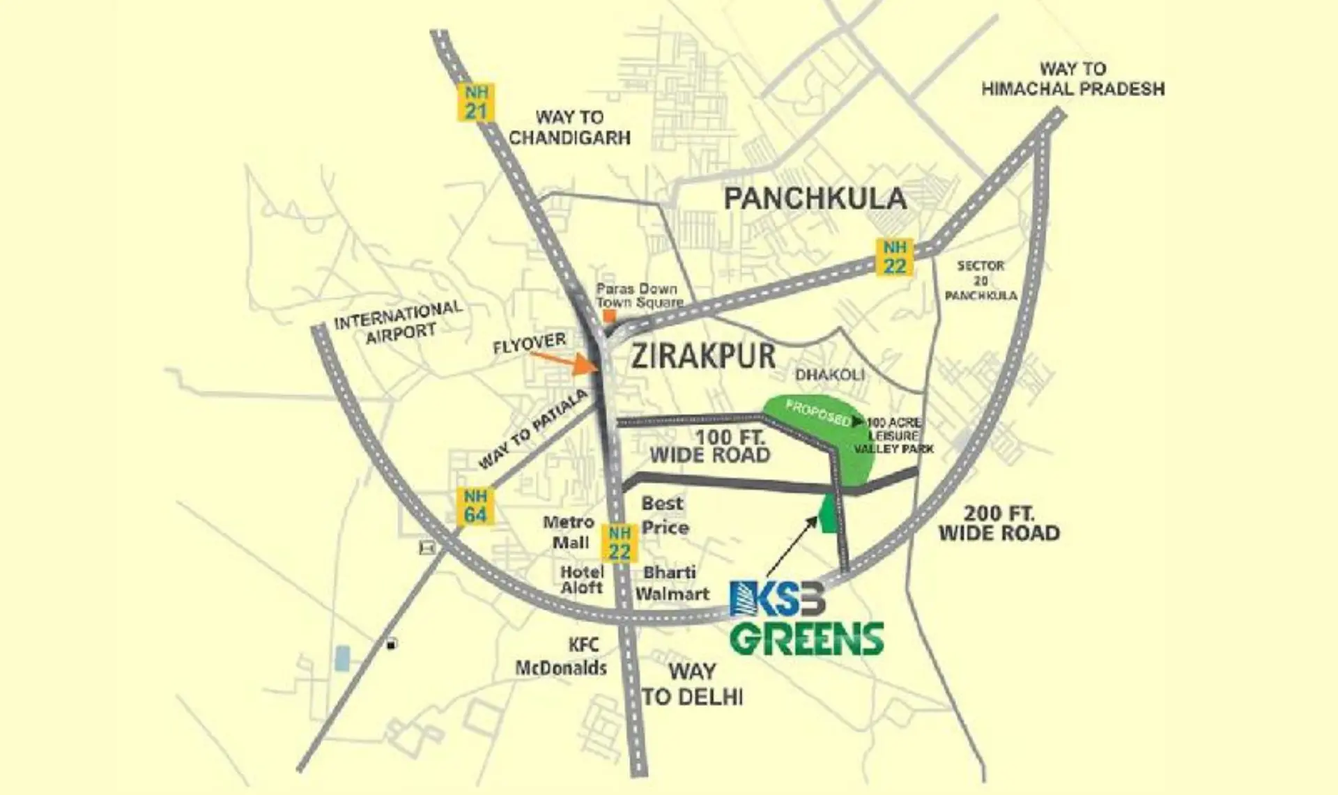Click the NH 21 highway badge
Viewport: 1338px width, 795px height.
point(476,102)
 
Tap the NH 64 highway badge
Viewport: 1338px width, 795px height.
point(475,506)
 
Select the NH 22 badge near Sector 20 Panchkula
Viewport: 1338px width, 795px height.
point(895,256)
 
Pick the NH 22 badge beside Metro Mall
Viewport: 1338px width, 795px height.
point(619,543)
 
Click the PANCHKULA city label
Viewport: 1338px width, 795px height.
point(815,199)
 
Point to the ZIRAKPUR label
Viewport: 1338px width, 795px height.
point(702,356)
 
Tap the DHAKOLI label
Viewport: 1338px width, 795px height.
point(829,375)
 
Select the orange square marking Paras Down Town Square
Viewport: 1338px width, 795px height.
point(608,316)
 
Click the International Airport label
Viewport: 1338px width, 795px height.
point(399,322)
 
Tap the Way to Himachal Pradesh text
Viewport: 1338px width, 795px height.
point(1072,79)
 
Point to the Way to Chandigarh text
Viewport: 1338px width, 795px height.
point(569,128)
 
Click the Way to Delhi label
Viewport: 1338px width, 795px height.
point(692,684)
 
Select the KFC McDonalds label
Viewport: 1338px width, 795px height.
point(562,656)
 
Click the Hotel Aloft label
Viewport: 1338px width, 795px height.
point(582,580)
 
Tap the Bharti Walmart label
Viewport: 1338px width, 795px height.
point(671,583)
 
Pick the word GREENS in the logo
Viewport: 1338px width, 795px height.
point(806,639)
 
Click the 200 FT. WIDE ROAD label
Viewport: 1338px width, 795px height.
point(999,523)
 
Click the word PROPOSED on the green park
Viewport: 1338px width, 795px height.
point(817,412)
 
